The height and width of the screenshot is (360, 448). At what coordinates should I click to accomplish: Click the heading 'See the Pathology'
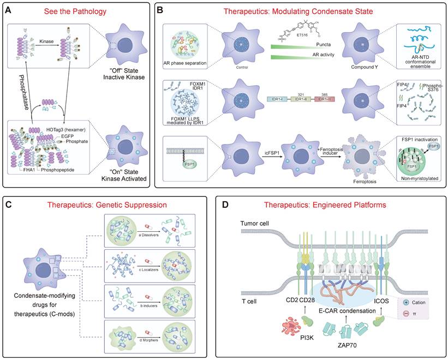[76, 11]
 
